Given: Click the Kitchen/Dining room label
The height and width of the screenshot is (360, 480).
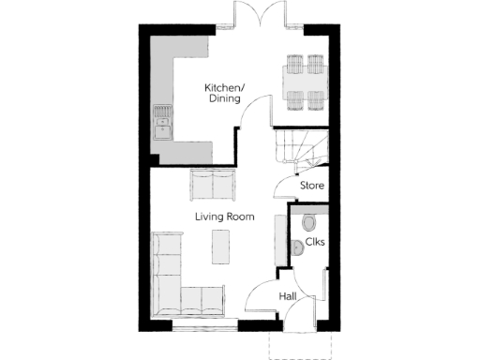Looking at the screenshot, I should [223, 93].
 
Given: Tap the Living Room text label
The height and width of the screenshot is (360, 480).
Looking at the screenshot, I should [225, 217].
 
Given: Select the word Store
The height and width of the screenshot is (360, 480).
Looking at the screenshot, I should [312, 186].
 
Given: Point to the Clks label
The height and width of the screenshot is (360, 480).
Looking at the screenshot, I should [315, 243].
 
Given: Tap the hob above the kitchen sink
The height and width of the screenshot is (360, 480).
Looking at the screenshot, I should [164, 113].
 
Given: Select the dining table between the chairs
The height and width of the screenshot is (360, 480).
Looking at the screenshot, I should [304, 82].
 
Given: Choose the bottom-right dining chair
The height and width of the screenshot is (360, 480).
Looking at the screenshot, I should [315, 100].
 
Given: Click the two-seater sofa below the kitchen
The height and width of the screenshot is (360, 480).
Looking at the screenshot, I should [213, 185].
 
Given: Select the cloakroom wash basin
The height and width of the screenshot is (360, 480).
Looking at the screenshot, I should [295, 247].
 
